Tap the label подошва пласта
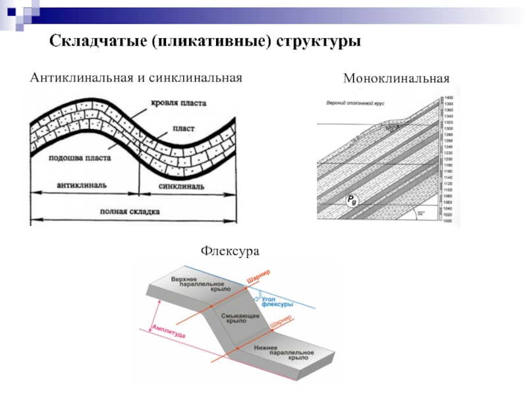(80, 158)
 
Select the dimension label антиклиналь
(82, 186)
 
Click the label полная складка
(130, 211)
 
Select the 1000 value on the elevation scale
(449, 221)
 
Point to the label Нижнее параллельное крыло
(290, 352)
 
